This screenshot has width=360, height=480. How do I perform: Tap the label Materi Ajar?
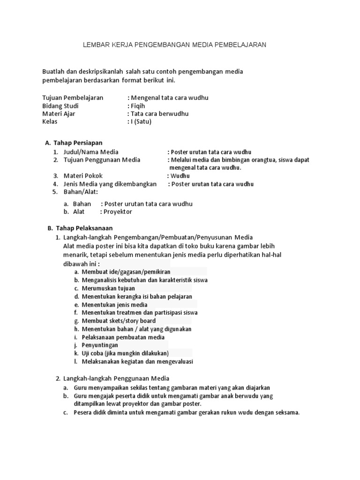tap(59, 114)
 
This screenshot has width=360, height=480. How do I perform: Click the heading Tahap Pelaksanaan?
tap(84, 228)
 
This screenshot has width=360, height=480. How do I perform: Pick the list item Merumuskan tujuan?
tap(108, 288)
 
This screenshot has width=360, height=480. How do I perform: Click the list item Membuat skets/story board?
tap(119, 321)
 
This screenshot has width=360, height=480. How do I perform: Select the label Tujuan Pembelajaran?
tap(73, 98)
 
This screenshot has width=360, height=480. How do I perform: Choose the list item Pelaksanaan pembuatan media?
tap(123, 337)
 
